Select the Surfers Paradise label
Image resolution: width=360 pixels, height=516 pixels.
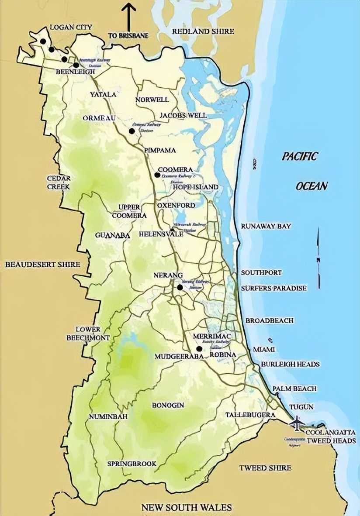(x=274, y=288)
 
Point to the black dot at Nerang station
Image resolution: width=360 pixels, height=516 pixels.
(x=180, y=287)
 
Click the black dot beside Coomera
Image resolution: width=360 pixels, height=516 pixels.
(x=157, y=175)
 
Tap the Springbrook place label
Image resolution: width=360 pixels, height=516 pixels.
(x=132, y=464)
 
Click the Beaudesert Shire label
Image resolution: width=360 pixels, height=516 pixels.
(x=43, y=264)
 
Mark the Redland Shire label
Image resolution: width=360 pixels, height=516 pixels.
(x=203, y=31)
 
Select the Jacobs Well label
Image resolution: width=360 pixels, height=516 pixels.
(x=183, y=115)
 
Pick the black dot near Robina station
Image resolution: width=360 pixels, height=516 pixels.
(x=199, y=349)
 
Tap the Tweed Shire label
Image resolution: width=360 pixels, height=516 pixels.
(x=265, y=468)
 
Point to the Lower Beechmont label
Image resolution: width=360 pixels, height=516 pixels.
(x=88, y=334)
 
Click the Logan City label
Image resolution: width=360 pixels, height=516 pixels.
(x=71, y=27)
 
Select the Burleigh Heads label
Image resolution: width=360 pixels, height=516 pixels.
(x=291, y=364)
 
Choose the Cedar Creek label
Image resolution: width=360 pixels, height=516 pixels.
(x=59, y=182)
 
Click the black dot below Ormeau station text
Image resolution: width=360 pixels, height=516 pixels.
(x=132, y=131)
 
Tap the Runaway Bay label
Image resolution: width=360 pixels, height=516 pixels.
(x=266, y=226)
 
